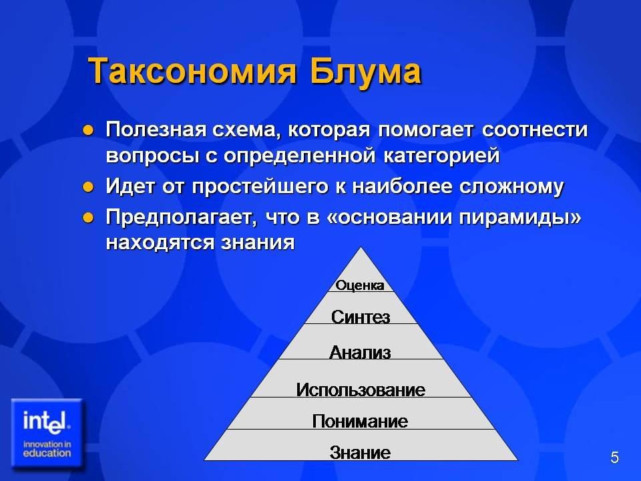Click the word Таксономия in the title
point(192,71)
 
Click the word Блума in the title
point(365,71)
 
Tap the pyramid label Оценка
point(360,285)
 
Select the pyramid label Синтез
point(361,317)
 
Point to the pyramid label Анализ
point(360,352)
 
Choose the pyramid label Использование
point(361,389)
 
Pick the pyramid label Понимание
point(360,421)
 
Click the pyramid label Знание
point(360,452)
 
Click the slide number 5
point(614,457)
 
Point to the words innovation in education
point(47,449)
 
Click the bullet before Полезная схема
point(88,130)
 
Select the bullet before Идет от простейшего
point(88,187)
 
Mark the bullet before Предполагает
point(88,217)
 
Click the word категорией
point(441,156)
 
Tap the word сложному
point(511,186)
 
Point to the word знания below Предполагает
point(258,242)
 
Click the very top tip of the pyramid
point(361,247)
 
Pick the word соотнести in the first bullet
point(535,130)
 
